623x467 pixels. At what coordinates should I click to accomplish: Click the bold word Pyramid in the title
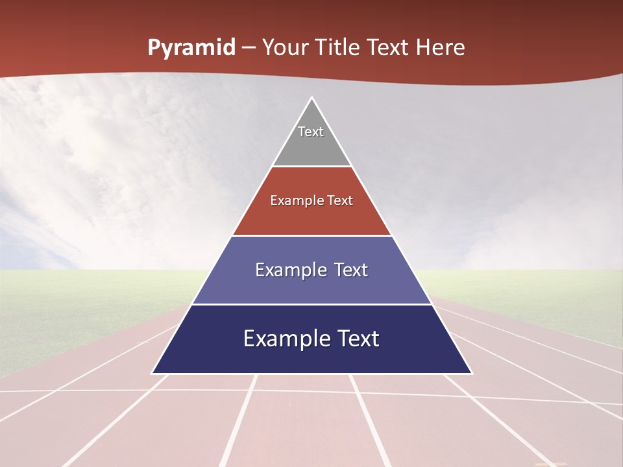tap(191, 48)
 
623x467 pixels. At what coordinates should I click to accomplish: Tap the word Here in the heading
tap(441, 48)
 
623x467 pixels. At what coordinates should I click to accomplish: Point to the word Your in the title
tap(284, 48)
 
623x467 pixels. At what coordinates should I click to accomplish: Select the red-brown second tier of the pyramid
tap(311, 217)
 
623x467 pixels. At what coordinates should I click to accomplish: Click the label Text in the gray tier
tap(311, 132)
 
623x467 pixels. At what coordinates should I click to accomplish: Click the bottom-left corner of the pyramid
tap(153, 373)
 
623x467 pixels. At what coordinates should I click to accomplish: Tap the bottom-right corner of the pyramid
tap(471, 373)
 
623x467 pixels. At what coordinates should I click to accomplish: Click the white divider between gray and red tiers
tap(311, 167)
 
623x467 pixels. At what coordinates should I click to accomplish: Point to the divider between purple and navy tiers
tap(311, 304)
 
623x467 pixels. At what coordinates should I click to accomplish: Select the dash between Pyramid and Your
tap(249, 48)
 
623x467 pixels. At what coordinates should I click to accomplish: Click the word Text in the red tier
tap(341, 201)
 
